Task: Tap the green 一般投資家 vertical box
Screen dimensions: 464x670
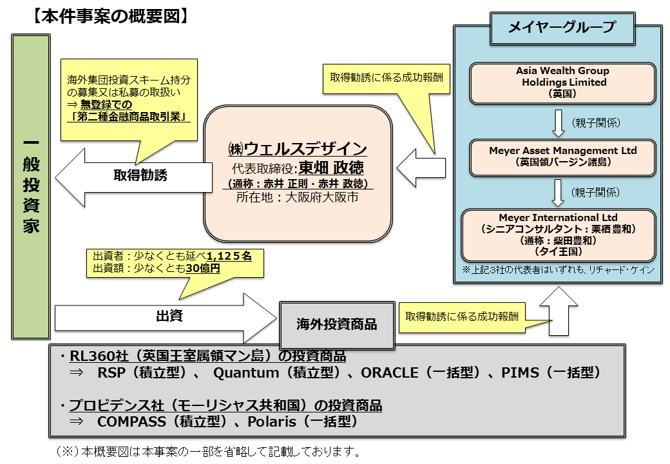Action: pyautogui.click(x=30, y=187)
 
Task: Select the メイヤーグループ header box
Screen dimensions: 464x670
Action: pyautogui.click(x=561, y=28)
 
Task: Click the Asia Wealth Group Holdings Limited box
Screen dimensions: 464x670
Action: pyautogui.click(x=562, y=82)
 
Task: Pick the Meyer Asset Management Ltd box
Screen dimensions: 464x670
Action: pyautogui.click(x=562, y=156)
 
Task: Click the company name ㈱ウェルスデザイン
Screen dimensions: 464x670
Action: pyautogui.click(x=298, y=148)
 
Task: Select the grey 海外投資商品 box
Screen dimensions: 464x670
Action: pyautogui.click(x=337, y=324)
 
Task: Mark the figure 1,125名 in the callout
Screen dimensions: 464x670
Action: pyautogui.click(x=229, y=256)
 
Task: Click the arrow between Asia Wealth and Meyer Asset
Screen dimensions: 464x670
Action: pyautogui.click(x=559, y=122)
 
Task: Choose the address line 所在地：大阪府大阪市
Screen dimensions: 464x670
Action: pyautogui.click(x=298, y=198)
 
